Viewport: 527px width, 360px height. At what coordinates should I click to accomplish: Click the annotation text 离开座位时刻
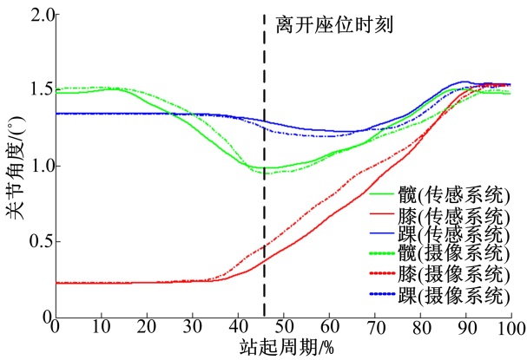point(334,25)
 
